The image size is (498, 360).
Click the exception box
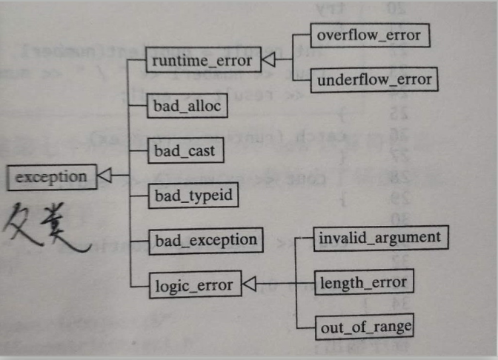pyautogui.click(x=51, y=176)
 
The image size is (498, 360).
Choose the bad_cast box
pyautogui.click(x=182, y=150)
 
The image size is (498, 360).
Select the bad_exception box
pyautogui.click(x=205, y=239)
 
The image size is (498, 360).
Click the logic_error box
pyautogui.click(x=194, y=284)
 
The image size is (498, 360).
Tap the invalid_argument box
pyautogui.click(x=379, y=238)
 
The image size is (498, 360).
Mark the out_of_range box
pyautogui.click(x=364, y=325)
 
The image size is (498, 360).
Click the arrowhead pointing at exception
pyautogui.click(x=104, y=176)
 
